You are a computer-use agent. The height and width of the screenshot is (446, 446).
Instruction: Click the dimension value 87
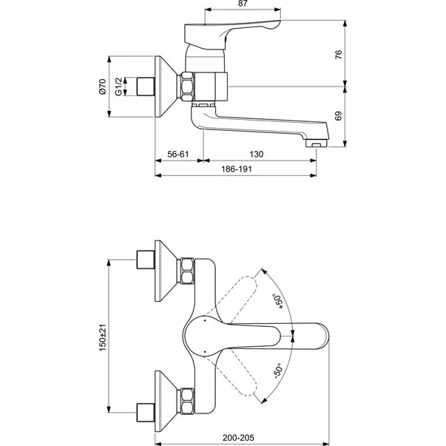(x=243, y=4)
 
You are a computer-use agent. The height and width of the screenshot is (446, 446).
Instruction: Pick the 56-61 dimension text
(x=180, y=154)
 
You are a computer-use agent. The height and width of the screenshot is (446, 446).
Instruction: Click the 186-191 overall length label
(x=240, y=169)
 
